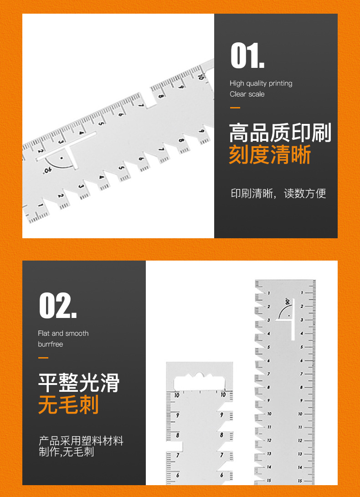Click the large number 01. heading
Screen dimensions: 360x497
tap(247, 56)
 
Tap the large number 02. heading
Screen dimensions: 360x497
tap(58, 306)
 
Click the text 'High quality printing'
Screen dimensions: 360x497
tap(261, 84)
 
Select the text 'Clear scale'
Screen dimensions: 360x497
tap(247, 94)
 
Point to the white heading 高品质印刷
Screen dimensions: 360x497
tap(280, 133)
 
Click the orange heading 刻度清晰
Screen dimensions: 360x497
tap(270, 155)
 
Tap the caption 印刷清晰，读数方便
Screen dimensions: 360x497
tap(278, 193)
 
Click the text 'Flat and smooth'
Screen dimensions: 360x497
tap(63, 333)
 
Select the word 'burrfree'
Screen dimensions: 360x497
tap(51, 344)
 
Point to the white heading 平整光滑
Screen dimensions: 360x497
tap(79, 383)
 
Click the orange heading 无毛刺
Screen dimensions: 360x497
tap(68, 405)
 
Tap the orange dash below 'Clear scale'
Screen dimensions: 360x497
tap(235, 108)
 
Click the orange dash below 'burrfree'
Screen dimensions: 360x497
tap(43, 358)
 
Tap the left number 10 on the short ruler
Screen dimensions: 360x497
tap(177, 395)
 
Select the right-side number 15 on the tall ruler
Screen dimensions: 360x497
tap(300, 481)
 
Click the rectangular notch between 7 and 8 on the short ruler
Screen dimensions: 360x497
tap(175, 446)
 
